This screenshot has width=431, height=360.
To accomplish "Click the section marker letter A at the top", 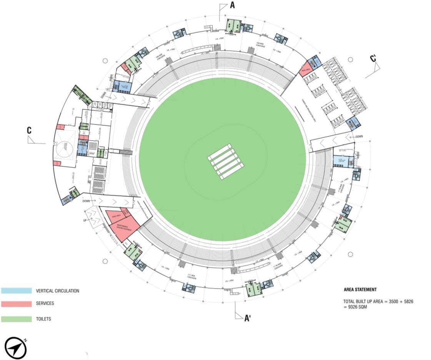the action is (x=232, y=5).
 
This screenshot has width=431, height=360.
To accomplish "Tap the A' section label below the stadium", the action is (x=247, y=318).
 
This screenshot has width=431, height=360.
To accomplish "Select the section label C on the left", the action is (x=29, y=131).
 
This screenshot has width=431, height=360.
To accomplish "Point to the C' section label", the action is (x=373, y=58).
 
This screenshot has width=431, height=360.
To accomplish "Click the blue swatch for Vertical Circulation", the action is (x=16, y=291).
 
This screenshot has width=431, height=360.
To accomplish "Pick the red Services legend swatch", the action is (x=16, y=304).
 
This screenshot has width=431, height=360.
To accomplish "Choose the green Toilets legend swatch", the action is (x=16, y=319).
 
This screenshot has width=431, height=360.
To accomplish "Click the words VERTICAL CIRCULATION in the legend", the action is (x=57, y=291).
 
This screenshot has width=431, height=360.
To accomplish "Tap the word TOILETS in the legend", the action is (x=43, y=319).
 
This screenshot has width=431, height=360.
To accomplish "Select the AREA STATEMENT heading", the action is (x=360, y=290).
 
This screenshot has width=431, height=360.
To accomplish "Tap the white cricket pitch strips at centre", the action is (x=226, y=161).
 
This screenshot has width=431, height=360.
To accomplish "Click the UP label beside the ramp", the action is (x=85, y=220).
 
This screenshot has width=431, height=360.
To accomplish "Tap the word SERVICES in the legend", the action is (x=45, y=304).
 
